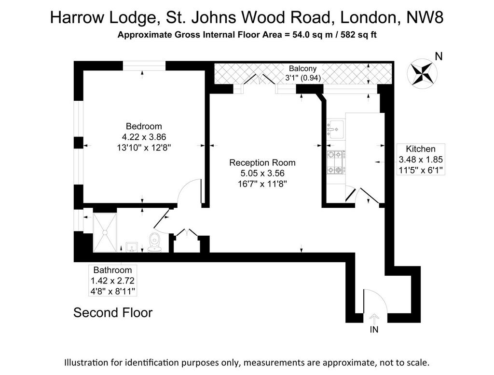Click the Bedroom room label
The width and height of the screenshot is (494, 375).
click(x=144, y=126)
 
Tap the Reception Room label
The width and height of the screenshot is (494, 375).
click(x=262, y=163)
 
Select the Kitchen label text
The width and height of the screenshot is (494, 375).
click(x=421, y=149)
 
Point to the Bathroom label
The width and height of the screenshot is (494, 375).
click(x=112, y=270)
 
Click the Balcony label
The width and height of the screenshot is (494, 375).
click(x=302, y=68)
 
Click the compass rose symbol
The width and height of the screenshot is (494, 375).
click(x=422, y=73)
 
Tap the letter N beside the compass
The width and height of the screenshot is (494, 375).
click(x=439, y=56)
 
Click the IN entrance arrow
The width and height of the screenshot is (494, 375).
click(x=374, y=319)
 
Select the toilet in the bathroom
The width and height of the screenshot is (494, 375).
click(x=155, y=243)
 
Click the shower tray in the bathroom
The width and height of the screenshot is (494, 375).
click(x=105, y=233)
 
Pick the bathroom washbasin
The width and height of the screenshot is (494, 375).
click(x=131, y=247)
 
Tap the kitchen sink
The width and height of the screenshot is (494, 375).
click(x=336, y=129)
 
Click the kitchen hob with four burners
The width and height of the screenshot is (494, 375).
click(x=336, y=162)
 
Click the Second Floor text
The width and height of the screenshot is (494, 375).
click(x=113, y=313)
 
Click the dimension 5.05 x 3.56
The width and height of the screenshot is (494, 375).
click(x=262, y=173)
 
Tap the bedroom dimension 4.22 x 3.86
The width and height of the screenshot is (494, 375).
click(x=144, y=137)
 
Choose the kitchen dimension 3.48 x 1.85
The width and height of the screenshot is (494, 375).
click(x=421, y=160)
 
